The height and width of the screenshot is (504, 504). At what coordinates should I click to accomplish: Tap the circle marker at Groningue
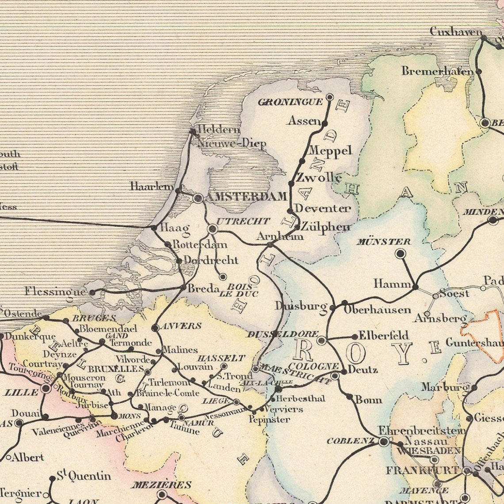pyautogui.click(x=329, y=96)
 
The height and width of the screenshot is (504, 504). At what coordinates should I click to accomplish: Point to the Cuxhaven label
pyautogui.click(x=455, y=31)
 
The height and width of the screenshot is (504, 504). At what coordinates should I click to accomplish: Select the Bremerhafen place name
pyautogui.click(x=435, y=71)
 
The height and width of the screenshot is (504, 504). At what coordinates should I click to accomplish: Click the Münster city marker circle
pyautogui.click(x=400, y=253)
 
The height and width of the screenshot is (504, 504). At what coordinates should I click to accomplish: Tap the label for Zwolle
pyautogui.click(x=318, y=178)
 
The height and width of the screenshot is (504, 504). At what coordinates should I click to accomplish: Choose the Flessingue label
pyautogui.click(x=55, y=292)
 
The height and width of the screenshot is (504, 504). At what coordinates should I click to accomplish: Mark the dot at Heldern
pyautogui.click(x=192, y=131)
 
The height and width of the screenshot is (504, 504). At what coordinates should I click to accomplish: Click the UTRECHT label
pyautogui.click(x=243, y=221)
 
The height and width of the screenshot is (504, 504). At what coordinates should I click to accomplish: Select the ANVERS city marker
pyautogui.click(x=155, y=328)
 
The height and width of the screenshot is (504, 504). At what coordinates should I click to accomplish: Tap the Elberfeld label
pyautogui.click(x=383, y=335)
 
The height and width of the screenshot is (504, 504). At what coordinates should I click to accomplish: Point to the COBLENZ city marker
pyautogui.click(x=384, y=441)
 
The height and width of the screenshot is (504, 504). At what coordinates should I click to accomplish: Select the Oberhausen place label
pyautogui.click(x=377, y=310)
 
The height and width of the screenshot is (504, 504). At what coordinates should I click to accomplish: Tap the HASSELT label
pyautogui.click(x=221, y=358)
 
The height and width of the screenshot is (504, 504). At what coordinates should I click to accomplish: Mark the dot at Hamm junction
pyautogui.click(x=415, y=287)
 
